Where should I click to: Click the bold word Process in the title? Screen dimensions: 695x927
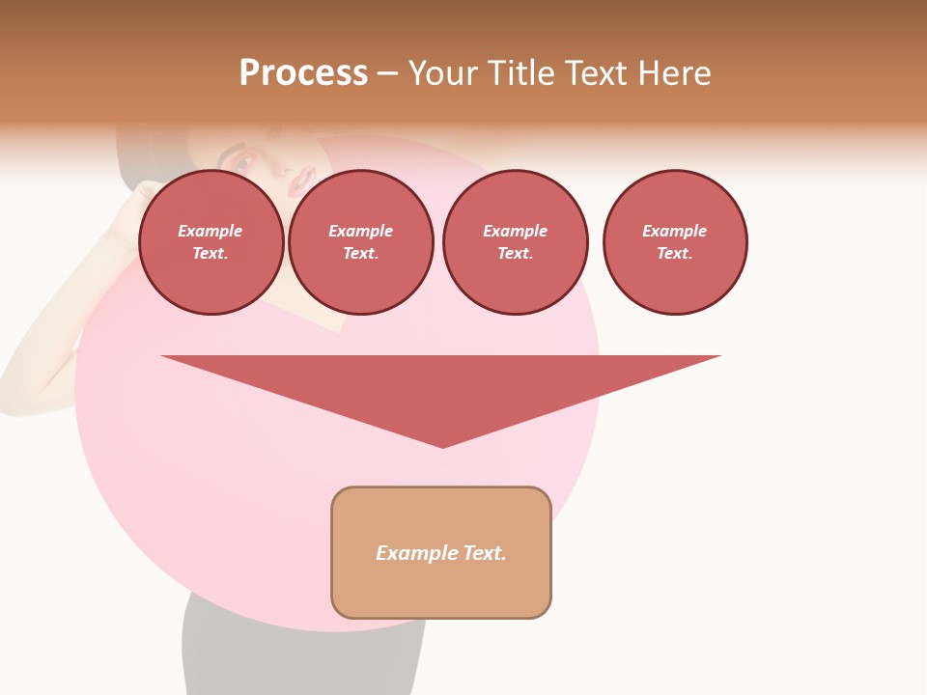pos(303,73)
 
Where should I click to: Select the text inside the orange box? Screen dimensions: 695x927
pos(441,553)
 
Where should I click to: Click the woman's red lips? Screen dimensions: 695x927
pos(304,178)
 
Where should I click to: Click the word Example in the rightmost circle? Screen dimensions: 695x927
pos(674,231)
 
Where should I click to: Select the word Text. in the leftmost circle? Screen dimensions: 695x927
pos(211,253)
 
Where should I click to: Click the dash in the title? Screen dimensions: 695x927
pos(387,73)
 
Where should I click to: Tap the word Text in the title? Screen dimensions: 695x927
pos(593,73)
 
